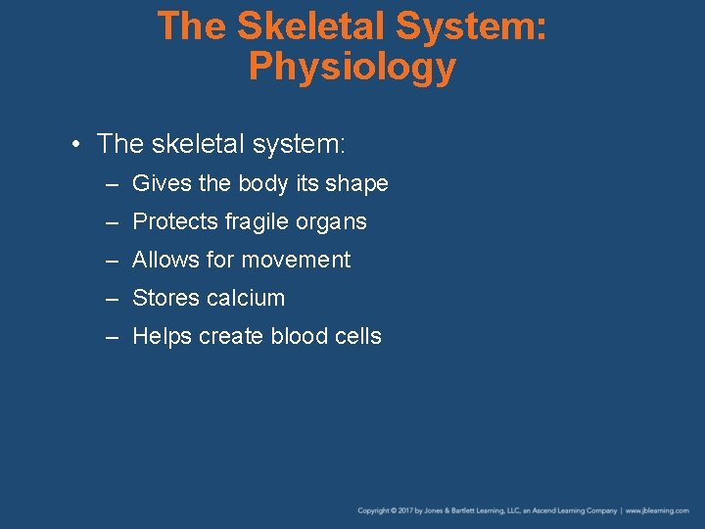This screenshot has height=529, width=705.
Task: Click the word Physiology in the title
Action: pos(352,68)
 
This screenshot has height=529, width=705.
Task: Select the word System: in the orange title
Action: pos(472,26)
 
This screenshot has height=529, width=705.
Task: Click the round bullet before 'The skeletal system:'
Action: pos(75,145)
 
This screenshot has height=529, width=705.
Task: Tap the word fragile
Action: pos(253,222)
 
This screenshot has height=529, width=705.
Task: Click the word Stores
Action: pos(165,298)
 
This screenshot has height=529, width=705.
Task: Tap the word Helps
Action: pos(162,336)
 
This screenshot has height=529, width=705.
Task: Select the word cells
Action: pos(357,336)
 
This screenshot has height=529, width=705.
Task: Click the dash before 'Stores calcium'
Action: pos(114,299)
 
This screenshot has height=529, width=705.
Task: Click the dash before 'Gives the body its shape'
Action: pos(114,184)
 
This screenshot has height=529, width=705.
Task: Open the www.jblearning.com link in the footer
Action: pos(658,510)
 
